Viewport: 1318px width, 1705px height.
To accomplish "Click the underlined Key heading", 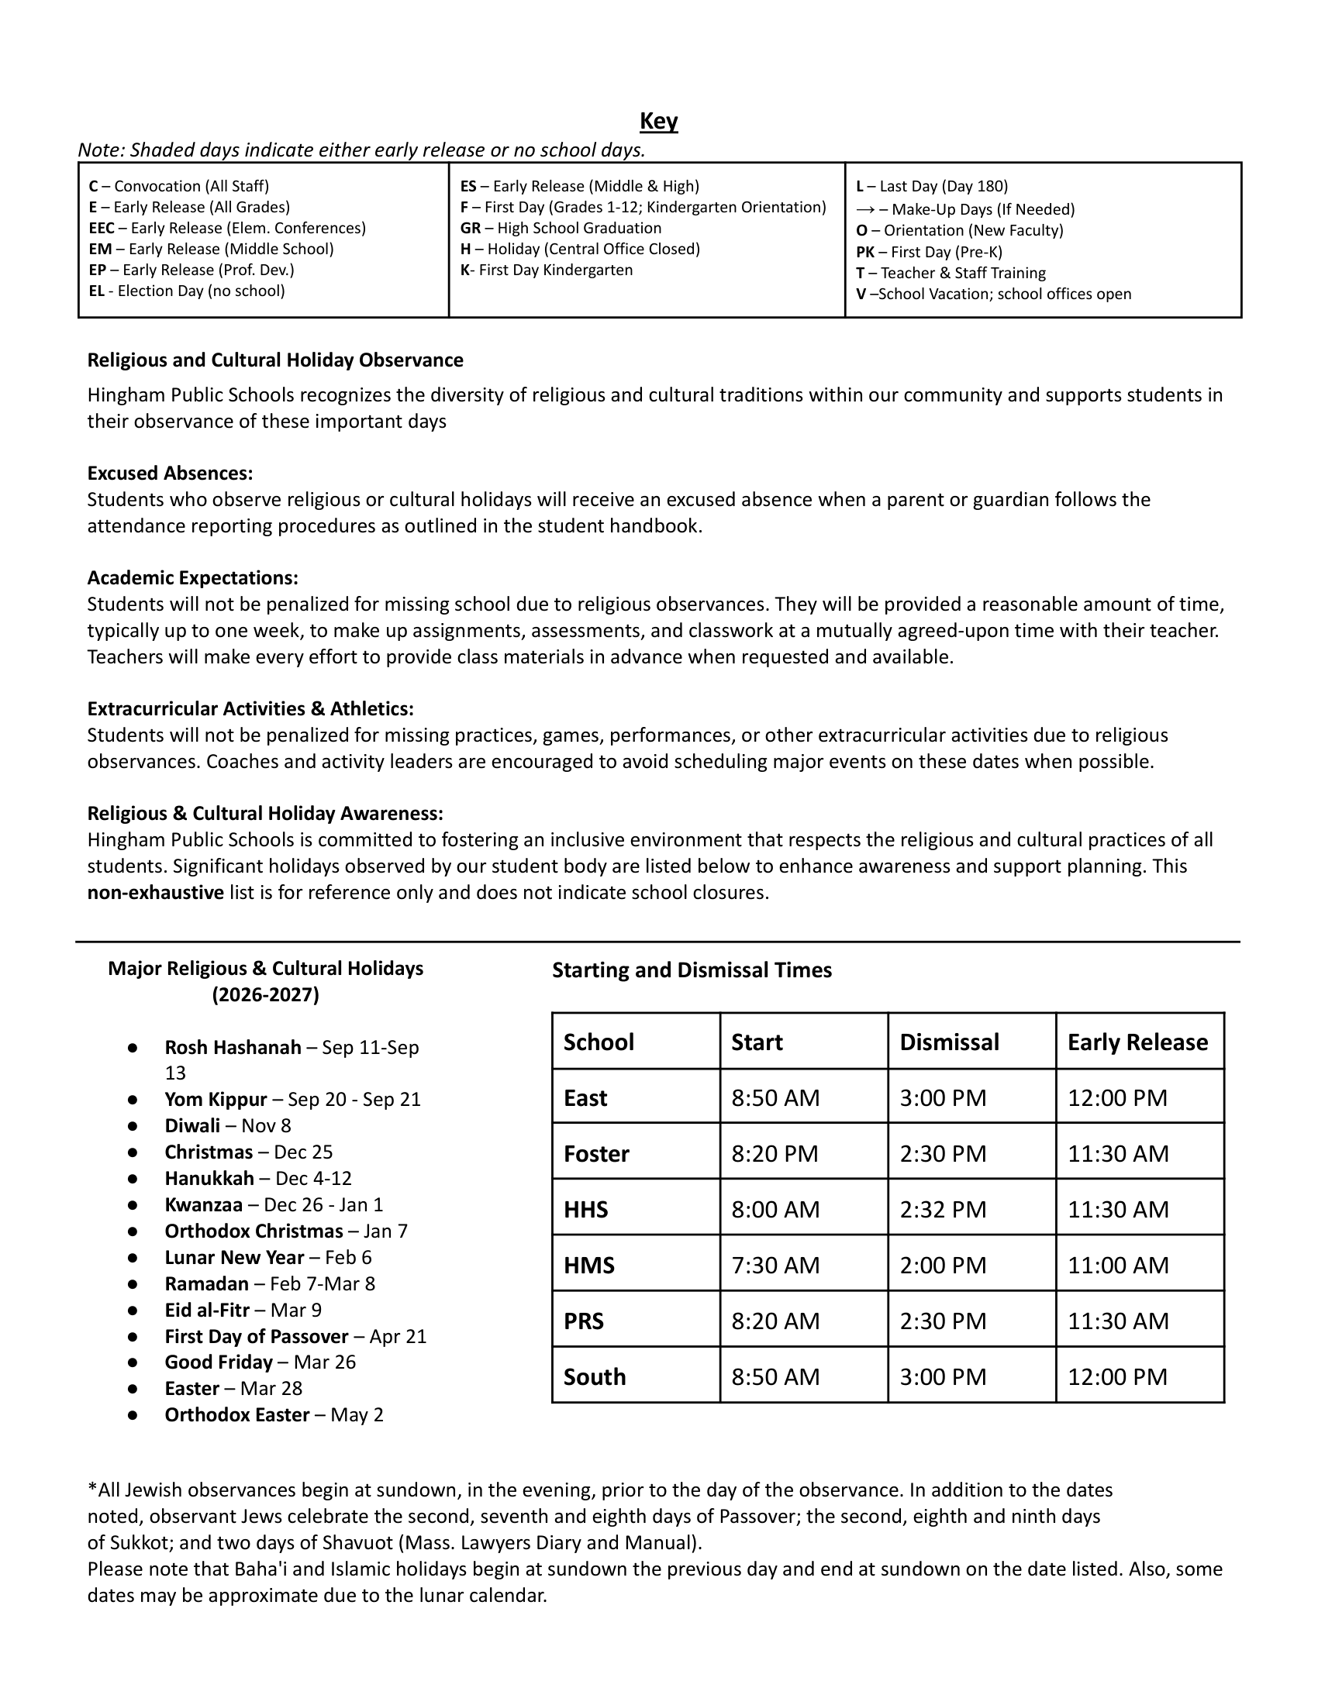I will pyautogui.click(x=658, y=121).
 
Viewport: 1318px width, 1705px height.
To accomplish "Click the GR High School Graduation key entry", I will pyautogui.click(x=561, y=228).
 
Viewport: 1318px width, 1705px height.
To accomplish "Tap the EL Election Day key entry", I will pyautogui.click(x=187, y=291).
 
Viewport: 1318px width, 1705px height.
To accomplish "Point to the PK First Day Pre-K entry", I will pyautogui.click(x=929, y=252).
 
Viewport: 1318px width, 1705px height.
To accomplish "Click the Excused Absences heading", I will pyautogui.click(x=171, y=473).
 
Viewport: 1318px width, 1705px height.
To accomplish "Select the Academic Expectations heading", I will pyautogui.click(x=193, y=577).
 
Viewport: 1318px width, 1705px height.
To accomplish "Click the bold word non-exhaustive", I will pyautogui.click(x=155, y=892).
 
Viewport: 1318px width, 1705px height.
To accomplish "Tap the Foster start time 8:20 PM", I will pyautogui.click(x=775, y=1154).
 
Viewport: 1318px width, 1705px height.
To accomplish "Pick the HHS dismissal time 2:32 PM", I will pyautogui.click(x=944, y=1209).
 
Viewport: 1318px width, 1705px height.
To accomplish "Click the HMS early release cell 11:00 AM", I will pyautogui.click(x=1118, y=1265).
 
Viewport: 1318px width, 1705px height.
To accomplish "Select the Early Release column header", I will pyautogui.click(x=1137, y=1042).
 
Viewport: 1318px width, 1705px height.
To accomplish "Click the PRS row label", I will pyautogui.click(x=584, y=1321).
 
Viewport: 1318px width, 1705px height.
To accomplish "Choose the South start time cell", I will pyautogui.click(x=775, y=1376).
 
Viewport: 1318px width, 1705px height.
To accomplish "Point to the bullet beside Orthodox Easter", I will pyautogui.click(x=133, y=1414).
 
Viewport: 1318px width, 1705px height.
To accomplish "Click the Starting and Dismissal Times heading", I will pyautogui.click(x=692, y=970).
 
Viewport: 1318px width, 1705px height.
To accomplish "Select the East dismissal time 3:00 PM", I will pyautogui.click(x=944, y=1097).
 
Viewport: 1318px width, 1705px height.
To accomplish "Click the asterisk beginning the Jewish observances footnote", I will pyautogui.click(x=92, y=1490).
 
